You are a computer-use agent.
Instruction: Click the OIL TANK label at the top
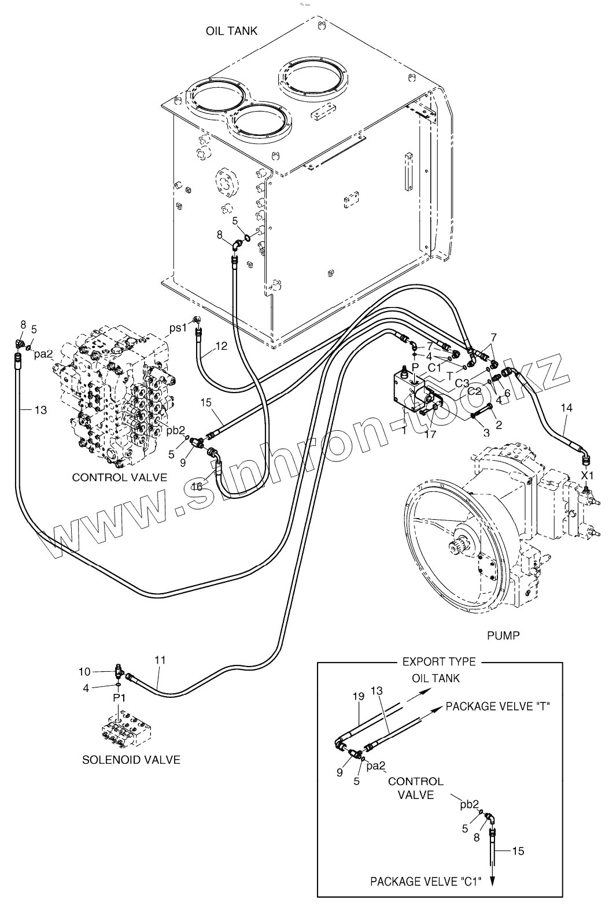[x=231, y=31]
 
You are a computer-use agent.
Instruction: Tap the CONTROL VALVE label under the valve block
[x=120, y=477]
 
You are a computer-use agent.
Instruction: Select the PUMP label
[x=503, y=635]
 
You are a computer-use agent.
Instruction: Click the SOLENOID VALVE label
[x=131, y=760]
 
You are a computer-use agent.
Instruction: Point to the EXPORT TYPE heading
[x=439, y=661]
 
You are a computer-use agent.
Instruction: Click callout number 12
[x=221, y=346]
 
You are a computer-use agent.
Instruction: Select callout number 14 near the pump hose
[x=566, y=408]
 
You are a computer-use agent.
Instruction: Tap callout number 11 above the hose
[x=160, y=660]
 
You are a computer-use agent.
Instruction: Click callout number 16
[x=197, y=487]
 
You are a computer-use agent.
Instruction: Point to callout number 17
[x=430, y=433]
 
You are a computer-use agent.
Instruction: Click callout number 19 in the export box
[x=359, y=697]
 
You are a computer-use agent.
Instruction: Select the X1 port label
[x=587, y=475]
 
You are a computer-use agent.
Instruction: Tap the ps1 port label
[x=178, y=328]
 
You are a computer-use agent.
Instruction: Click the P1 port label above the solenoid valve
[x=119, y=698]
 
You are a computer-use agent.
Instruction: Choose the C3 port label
[x=462, y=382]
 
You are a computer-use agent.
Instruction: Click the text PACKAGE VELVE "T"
[x=497, y=706]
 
